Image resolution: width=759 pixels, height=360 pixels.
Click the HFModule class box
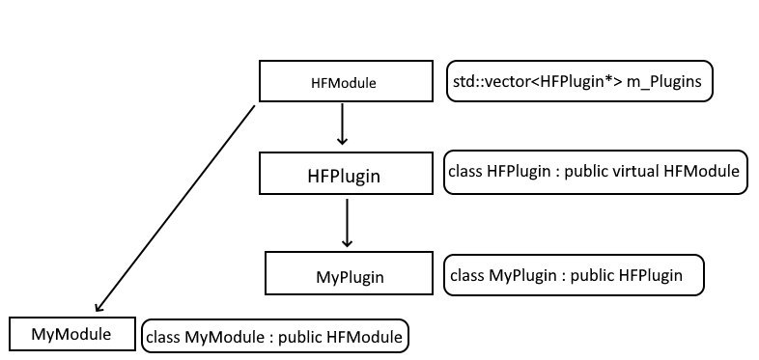[346, 81]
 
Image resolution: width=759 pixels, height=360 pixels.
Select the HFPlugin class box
[346, 173]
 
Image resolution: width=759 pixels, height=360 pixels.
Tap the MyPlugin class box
[349, 273]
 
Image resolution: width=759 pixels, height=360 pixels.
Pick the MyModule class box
[72, 333]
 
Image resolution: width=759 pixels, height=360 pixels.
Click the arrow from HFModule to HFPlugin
[342, 124]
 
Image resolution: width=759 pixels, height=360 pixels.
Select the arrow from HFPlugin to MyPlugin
[347, 223]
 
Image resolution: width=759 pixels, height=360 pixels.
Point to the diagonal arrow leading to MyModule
[175, 208]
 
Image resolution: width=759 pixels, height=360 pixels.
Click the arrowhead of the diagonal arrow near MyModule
[98, 307]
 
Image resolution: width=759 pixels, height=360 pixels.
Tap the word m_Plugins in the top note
[664, 82]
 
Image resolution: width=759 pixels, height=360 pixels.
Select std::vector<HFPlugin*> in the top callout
[538, 81]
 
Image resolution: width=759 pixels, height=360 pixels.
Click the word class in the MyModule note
[163, 336]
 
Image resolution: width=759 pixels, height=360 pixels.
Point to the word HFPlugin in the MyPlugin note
[651, 275]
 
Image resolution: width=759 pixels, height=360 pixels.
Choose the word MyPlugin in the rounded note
[522, 275]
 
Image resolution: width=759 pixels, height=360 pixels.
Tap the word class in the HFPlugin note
[465, 171]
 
